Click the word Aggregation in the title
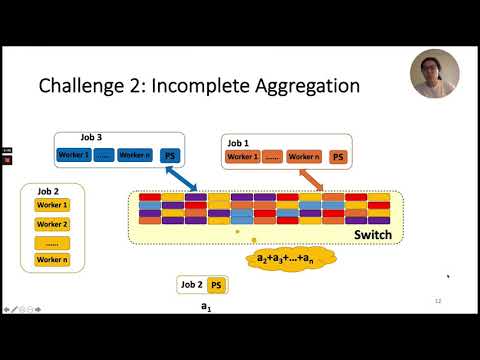click(300, 86)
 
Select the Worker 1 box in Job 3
click(74, 155)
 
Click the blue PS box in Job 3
click(169, 155)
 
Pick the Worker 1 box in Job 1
click(243, 157)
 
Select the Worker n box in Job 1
click(303, 157)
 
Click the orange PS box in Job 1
click(338, 157)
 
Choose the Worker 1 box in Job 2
click(52, 205)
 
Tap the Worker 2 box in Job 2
click(52, 224)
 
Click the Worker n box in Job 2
click(52, 260)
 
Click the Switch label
click(371, 235)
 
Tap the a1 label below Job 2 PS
click(206, 307)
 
